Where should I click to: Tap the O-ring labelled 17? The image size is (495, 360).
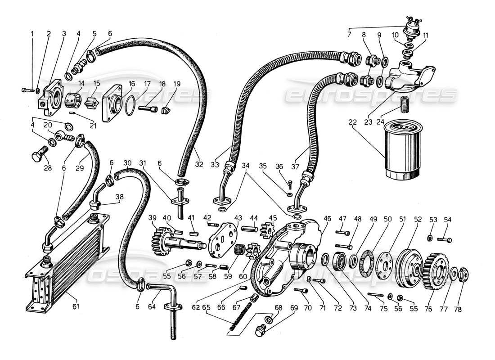[130, 105]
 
